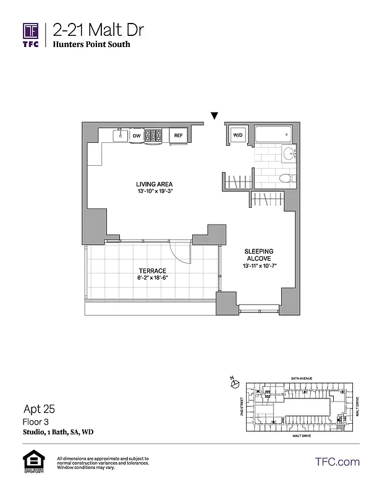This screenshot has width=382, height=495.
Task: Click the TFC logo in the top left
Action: [31, 34]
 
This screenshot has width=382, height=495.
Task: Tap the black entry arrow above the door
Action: [214, 115]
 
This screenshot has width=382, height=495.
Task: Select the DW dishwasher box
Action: [137, 135]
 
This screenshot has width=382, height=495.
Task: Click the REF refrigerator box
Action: [178, 135]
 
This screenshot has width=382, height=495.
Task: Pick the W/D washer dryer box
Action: [237, 135]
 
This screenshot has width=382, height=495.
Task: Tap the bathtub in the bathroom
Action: [272, 134]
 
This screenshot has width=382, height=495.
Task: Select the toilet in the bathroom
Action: [285, 179]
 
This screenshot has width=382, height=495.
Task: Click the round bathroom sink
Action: [289, 155]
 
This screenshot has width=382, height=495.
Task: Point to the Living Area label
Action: [154, 184]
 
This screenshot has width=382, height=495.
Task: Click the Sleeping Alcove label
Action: [260, 255]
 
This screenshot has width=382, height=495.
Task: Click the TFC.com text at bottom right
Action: [337, 462]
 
